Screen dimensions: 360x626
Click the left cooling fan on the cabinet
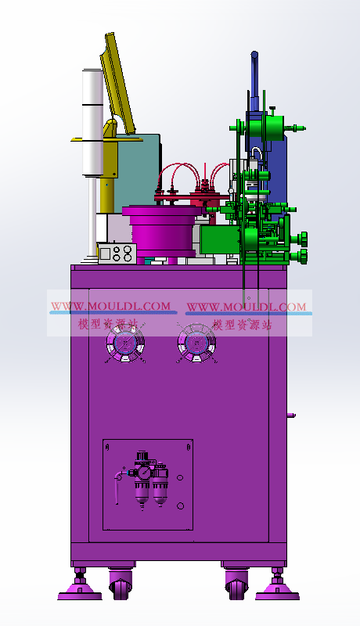coord(125,343)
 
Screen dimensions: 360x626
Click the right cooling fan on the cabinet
coord(196,343)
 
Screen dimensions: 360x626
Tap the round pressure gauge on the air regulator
coord(145,473)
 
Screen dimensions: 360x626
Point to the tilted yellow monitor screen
coord(117,83)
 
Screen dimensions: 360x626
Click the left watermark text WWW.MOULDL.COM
coord(111,306)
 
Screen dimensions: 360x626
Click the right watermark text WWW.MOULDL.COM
coord(247,307)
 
